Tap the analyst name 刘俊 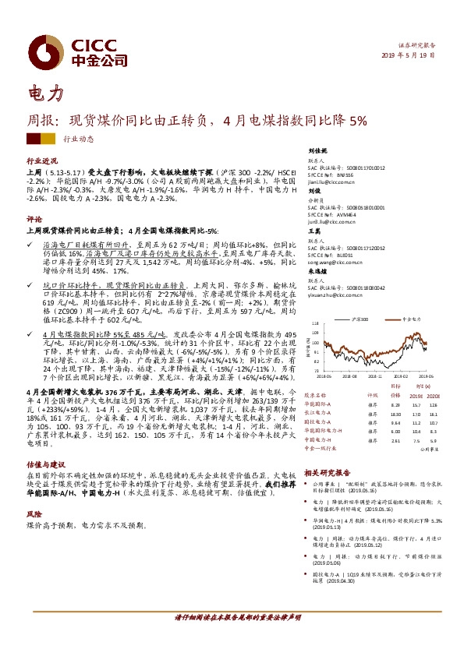314,190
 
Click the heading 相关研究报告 328,472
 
